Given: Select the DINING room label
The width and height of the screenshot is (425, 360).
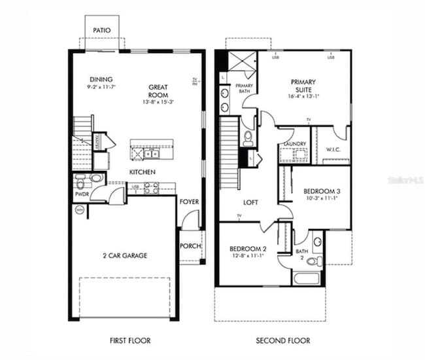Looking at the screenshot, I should tap(101, 79).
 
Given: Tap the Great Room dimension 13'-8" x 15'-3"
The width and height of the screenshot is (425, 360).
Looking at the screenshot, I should tap(158, 102).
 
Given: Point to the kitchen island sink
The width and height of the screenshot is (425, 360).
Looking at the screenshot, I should tap(152, 153).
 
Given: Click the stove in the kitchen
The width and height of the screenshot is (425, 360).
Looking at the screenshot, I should tap(150, 188).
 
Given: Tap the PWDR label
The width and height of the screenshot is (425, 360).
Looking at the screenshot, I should tap(82, 194).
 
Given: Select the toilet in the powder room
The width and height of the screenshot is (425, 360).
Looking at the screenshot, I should tap(95, 178).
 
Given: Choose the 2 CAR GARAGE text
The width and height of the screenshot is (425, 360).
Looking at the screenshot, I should tap(124, 255).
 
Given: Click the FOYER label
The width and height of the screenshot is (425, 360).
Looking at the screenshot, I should tap(189, 202).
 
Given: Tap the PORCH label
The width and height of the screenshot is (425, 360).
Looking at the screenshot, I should tap(189, 247).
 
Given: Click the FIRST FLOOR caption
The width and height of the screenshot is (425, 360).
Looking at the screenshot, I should tap(129, 340).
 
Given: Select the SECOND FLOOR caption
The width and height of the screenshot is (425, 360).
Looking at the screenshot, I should tap(282, 340).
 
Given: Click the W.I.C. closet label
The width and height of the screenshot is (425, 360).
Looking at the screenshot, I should tap(333, 149).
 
